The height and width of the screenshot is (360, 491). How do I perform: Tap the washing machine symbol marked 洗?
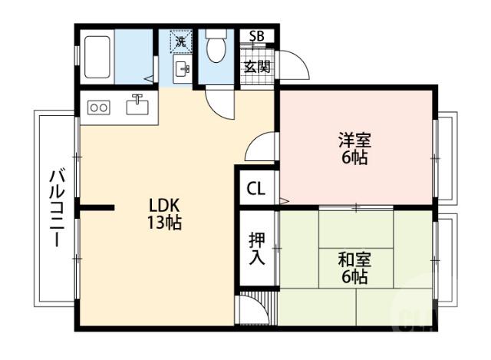pyautogui.click(x=181, y=41)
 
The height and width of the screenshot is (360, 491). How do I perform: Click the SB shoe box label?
pyautogui.click(x=256, y=36)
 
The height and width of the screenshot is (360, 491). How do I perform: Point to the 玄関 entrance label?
pyautogui.click(x=256, y=66)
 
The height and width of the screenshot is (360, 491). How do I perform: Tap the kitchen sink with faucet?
pyautogui.click(x=137, y=105)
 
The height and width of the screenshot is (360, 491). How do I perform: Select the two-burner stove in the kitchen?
pyautogui.click(x=99, y=108)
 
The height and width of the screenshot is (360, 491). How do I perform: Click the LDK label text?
pyautogui.click(x=163, y=206)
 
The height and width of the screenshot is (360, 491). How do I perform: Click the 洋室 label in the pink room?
pyautogui.click(x=354, y=140)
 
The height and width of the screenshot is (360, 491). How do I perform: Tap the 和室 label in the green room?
pyautogui.click(x=354, y=259)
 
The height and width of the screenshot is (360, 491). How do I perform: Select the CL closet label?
pyautogui.click(x=255, y=188)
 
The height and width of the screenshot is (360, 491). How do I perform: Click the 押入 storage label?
pyautogui.click(x=256, y=248)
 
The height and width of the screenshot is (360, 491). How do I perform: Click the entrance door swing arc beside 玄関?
pyautogui.click(x=295, y=67)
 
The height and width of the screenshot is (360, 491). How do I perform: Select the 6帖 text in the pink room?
pyautogui.click(x=354, y=159)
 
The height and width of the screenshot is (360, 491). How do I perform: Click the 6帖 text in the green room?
pyautogui.click(x=354, y=277)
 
